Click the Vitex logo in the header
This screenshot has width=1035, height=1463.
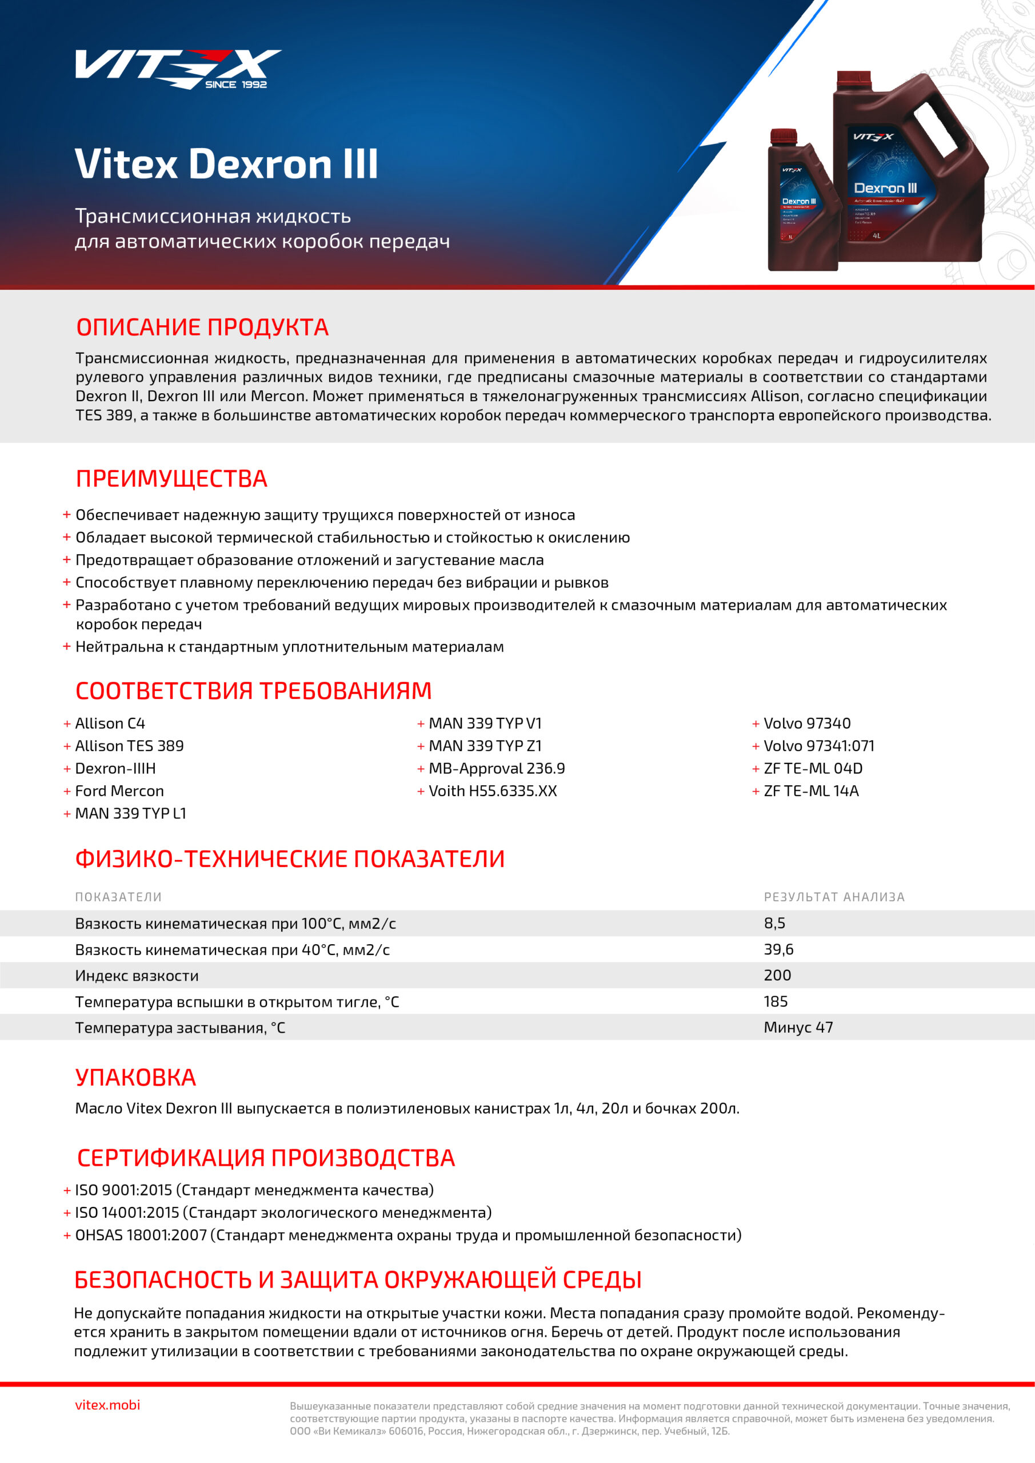pyautogui.click(x=177, y=68)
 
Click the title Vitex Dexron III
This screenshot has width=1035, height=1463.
pyautogui.click(x=226, y=165)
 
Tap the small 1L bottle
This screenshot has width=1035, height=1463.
pyautogui.click(x=802, y=204)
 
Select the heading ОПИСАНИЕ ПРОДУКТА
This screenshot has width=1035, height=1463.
pyautogui.click(x=202, y=327)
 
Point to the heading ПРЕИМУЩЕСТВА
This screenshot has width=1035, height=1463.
pyautogui.click(x=171, y=479)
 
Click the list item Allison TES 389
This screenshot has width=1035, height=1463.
pyautogui.click(x=129, y=746)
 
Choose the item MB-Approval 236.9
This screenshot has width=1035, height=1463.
pyautogui.click(x=497, y=769)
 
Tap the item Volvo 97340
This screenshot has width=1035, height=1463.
pyautogui.click(x=807, y=724)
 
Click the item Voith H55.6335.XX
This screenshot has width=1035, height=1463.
pyautogui.click(x=493, y=792)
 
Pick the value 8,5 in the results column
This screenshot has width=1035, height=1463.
pyautogui.click(x=774, y=924)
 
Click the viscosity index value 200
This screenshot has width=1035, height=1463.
pyautogui.click(x=777, y=976)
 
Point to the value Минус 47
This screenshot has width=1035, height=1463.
pyautogui.click(x=798, y=1028)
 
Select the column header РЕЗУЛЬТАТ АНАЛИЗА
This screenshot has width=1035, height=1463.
pyautogui.click(x=834, y=897)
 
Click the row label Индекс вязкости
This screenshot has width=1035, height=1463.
pyautogui.click(x=137, y=976)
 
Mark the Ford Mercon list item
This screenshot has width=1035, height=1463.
pyautogui.click(x=119, y=792)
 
